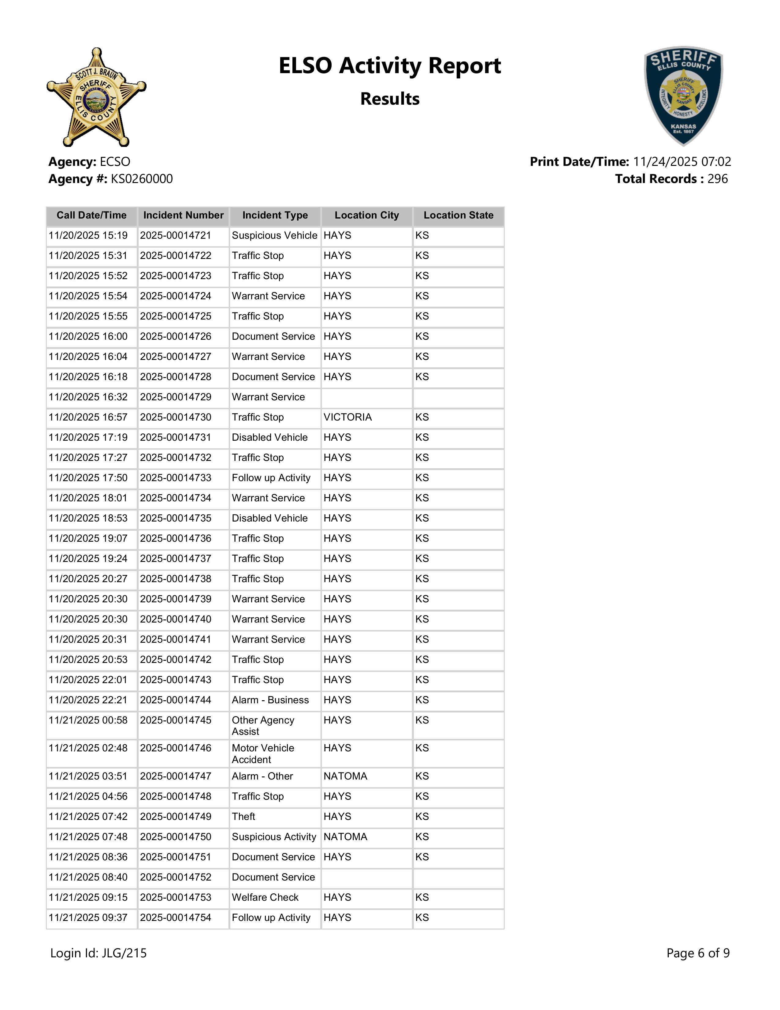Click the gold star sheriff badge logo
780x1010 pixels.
[x=96, y=97]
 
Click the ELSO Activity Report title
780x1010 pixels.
[x=389, y=66]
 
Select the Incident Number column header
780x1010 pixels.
[x=184, y=215]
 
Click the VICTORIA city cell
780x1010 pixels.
[x=347, y=417]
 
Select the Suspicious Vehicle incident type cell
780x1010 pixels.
[x=274, y=235]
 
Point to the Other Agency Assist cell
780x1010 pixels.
[x=263, y=726]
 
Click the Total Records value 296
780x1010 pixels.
[x=717, y=179]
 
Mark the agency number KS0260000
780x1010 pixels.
[x=142, y=179]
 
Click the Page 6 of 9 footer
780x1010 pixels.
[x=698, y=953]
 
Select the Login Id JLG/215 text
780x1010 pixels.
[x=98, y=953]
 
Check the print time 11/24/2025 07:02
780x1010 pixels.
[x=682, y=162]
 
